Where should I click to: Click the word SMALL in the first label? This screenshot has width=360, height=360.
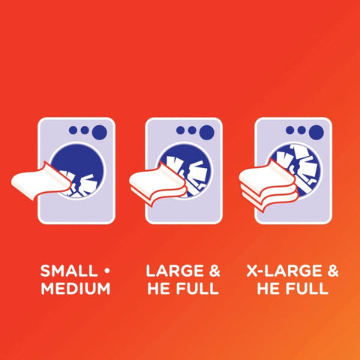pos(69,271)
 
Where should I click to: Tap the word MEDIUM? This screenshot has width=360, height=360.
pos(76,288)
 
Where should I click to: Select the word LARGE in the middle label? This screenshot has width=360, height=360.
pos(175,271)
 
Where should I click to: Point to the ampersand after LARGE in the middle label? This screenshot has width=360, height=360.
pos(214,271)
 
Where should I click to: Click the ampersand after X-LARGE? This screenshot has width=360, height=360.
pos(333,271)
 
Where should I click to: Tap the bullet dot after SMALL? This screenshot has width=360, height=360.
pos(107,271)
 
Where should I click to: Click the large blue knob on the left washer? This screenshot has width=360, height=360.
pos(100,132)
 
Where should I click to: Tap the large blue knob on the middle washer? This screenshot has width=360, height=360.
pos(207,132)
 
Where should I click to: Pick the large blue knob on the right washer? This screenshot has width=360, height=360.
pos(316,132)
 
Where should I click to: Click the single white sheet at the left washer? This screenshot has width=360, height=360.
pos(40,181)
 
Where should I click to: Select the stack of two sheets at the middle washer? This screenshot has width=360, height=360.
pos(157,184)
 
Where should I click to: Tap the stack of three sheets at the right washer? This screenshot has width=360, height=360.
pos(268,185)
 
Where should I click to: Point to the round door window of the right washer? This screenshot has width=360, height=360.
pos(295,170)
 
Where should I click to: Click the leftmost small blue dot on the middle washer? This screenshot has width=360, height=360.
pos(180,130)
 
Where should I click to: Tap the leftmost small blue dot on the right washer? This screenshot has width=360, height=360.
pos(289,130)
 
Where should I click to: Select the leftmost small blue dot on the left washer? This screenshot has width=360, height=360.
pos(73,130)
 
